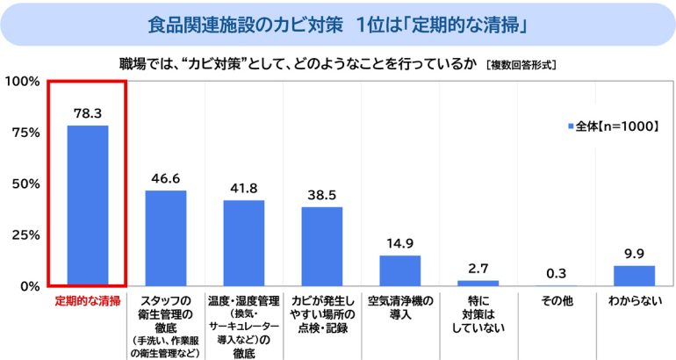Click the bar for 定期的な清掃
tap(88, 205)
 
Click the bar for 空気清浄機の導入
tap(399, 270)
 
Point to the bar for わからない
tap(634, 276)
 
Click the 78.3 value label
tap(88, 114)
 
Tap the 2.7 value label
tap(478, 269)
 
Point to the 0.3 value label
tap(556, 274)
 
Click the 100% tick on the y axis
tap(21, 81)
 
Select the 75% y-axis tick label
tap(25, 133)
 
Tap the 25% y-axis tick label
tap(25, 234)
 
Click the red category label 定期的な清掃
tap(88, 301)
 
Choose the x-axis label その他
tap(556, 301)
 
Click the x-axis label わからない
tap(634, 301)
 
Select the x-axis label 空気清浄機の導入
tap(399, 307)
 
